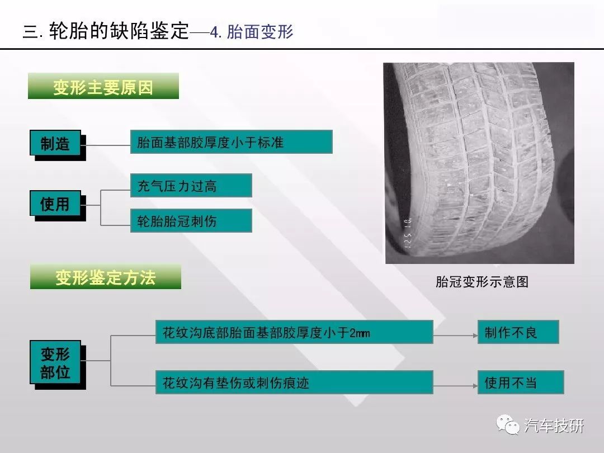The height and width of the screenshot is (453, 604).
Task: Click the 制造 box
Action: [x=55, y=143]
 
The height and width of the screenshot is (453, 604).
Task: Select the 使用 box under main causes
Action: [x=55, y=203]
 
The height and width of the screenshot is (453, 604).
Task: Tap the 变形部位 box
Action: [x=55, y=362]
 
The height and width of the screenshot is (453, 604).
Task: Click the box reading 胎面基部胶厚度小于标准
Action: [x=231, y=142]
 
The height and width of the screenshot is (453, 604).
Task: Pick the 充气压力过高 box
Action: [x=191, y=186]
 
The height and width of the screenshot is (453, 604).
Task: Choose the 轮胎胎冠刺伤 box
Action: [x=191, y=221]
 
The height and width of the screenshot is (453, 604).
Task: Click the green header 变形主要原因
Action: [x=103, y=86]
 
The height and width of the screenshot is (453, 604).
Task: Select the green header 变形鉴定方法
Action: [x=106, y=277]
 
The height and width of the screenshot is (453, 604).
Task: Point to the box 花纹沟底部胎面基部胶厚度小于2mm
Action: [x=294, y=332]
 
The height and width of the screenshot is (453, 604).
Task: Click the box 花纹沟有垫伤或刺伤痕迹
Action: [x=294, y=382]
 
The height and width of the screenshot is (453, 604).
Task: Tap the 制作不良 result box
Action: [x=518, y=332]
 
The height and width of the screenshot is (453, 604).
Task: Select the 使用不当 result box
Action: [x=521, y=382]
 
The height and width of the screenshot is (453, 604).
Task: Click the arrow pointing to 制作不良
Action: [x=455, y=336]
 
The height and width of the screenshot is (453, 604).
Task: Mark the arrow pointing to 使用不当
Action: [x=455, y=385]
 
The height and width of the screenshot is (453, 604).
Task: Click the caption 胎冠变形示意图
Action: [x=482, y=281]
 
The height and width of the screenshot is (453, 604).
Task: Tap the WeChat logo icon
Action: [x=508, y=424]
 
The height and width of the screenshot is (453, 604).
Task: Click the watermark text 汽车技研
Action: [x=554, y=425]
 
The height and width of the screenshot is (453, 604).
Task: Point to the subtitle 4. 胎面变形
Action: [x=252, y=31]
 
